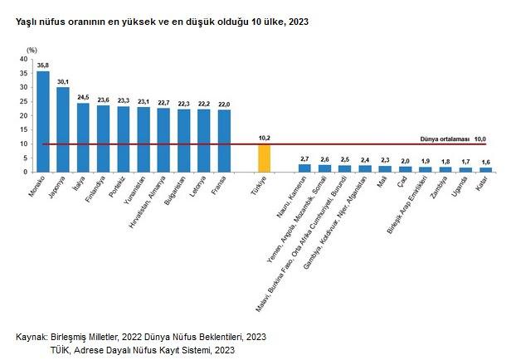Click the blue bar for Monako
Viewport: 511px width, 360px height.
pyautogui.click(x=43, y=121)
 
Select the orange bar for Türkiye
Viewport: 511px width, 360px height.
pyautogui.click(x=265, y=158)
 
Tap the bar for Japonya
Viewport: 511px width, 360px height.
pyautogui.click(x=63, y=129)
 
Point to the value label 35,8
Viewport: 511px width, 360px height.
pyautogui.click(x=43, y=66)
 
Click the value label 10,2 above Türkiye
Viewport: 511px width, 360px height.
pyautogui.click(x=265, y=138)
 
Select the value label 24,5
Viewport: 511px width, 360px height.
pyautogui.click(x=83, y=97)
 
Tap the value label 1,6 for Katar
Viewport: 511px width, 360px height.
pyautogui.click(x=485, y=162)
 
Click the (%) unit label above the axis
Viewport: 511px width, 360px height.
pyautogui.click(x=32, y=50)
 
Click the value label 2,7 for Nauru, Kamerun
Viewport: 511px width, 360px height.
pyautogui.click(x=304, y=158)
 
